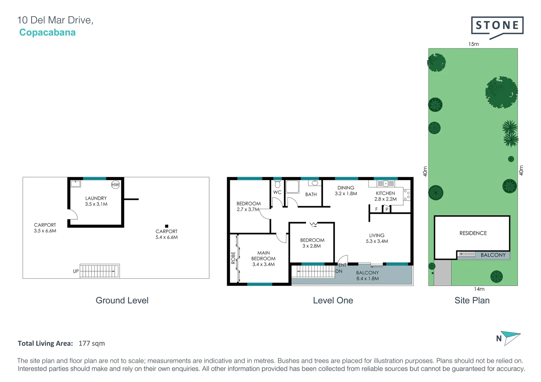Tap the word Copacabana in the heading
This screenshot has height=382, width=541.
[47, 33]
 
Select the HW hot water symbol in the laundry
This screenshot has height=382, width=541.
[115, 185]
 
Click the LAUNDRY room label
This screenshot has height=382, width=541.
[96, 198]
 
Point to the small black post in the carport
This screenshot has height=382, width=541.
[166, 226]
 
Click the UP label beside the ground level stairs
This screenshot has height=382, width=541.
[76, 271]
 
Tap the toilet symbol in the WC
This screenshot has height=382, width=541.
[278, 184]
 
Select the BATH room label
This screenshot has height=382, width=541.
[311, 194]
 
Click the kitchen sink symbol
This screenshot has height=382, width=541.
[386, 184]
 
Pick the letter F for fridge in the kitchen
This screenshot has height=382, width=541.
[376, 209]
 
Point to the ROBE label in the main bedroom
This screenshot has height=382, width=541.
[233, 257]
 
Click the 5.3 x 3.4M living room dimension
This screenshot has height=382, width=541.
[377, 241]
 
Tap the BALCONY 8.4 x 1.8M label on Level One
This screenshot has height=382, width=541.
[368, 276]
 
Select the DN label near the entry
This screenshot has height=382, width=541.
[339, 271]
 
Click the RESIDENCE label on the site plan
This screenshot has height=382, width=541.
[473, 233]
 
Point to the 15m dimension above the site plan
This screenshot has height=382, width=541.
[473, 44]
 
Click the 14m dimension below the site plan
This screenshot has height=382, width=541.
[479, 289]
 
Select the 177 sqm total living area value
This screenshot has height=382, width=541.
[92, 343]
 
